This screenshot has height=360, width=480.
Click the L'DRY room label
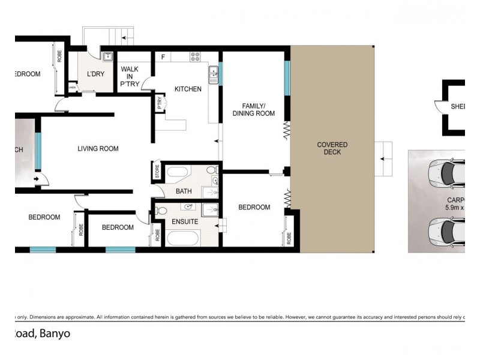click(96, 74)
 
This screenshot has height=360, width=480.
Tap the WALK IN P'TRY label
click(129, 76)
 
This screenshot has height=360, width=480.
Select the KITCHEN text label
click(188, 89)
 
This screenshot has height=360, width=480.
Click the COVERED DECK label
click(332, 149)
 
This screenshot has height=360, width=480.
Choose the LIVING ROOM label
click(98, 149)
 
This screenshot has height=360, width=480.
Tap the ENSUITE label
click(185, 221)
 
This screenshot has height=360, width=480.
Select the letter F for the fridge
click(163, 58)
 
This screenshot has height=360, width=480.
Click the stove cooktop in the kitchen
click(196, 57)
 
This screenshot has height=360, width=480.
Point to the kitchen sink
click(214, 75)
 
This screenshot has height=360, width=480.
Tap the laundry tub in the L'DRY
click(108, 58)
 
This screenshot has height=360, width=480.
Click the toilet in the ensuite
click(161, 211)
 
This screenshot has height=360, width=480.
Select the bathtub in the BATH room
click(178, 174)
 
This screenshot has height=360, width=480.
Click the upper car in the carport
click(447, 174)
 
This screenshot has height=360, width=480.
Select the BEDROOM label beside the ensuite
click(254, 208)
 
